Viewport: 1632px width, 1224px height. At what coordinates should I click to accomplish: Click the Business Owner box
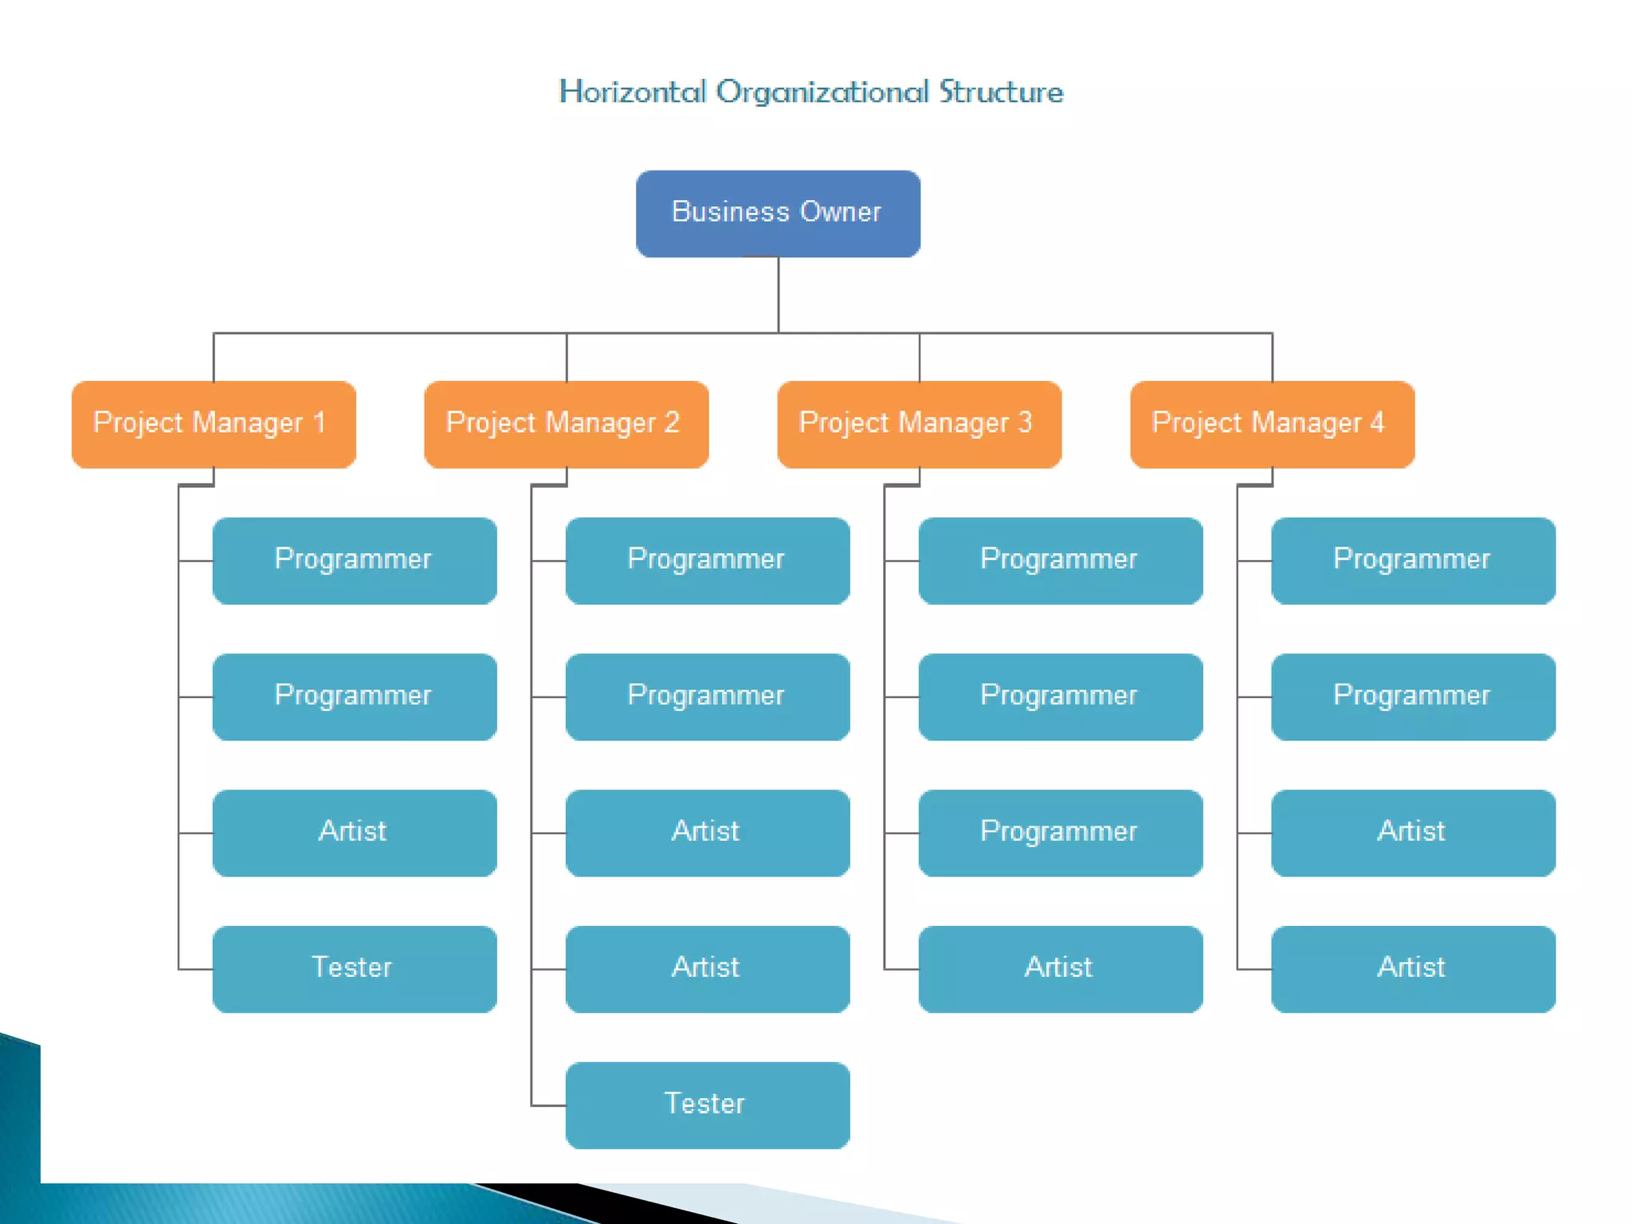pos(778,213)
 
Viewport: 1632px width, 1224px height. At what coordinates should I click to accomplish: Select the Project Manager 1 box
pos(214,424)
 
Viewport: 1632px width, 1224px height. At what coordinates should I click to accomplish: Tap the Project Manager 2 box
pos(566,424)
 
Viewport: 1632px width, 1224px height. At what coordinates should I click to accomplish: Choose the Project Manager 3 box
pos(919,424)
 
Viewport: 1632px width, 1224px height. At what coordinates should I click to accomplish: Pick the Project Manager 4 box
pos(1272,424)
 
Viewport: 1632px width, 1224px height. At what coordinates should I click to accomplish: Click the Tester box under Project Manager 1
pos(355,968)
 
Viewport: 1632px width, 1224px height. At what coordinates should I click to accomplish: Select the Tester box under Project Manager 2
pos(708,1104)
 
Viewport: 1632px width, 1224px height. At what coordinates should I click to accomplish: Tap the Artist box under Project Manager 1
pos(355,832)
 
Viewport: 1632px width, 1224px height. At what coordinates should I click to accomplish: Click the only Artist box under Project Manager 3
pos(1060,968)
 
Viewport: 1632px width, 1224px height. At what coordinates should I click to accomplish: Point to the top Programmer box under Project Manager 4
pos(1413,560)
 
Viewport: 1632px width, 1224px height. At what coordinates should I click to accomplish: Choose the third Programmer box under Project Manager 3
pos(1060,832)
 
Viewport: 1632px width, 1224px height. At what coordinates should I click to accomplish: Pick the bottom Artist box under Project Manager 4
pos(1413,968)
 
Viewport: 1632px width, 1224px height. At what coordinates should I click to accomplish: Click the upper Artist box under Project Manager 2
pos(708,832)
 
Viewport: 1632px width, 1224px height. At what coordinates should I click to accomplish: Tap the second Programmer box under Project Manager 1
pos(355,696)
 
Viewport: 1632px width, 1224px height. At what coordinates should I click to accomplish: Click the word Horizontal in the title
pos(633,92)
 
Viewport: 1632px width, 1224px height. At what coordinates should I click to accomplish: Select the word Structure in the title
pos(1001,92)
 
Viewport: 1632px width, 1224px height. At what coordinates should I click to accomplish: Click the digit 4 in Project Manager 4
pos(1377,422)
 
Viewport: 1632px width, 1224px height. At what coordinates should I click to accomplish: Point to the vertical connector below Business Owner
pos(779,295)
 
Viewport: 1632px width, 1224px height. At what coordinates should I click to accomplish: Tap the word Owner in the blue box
pos(841,212)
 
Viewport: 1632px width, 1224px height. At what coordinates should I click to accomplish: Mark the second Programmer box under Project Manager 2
pos(708,696)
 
